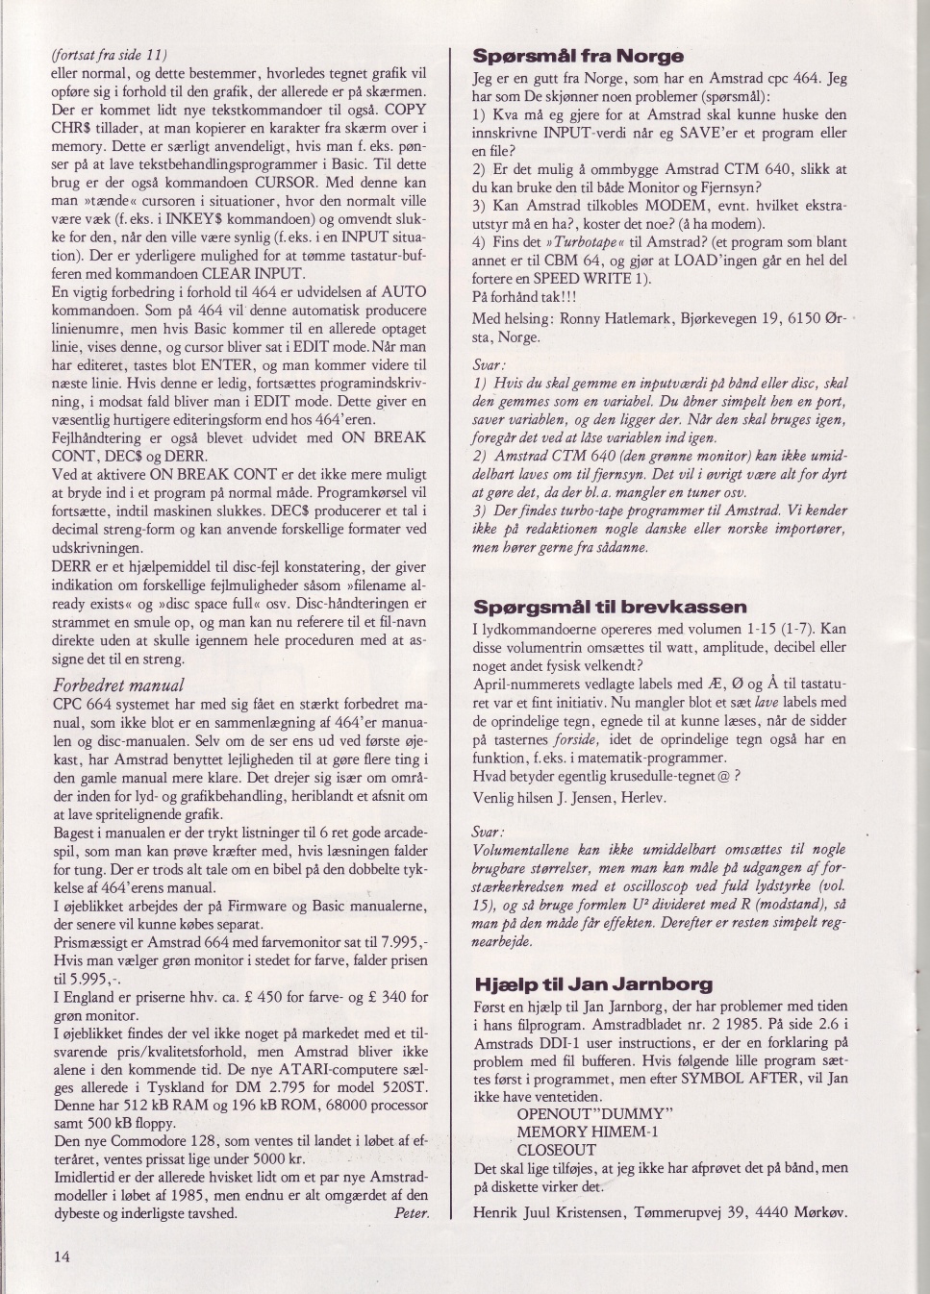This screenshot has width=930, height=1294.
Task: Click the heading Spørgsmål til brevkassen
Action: (610, 608)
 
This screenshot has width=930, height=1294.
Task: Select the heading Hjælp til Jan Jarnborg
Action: (593, 984)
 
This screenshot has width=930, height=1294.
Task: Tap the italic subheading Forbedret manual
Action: (118, 685)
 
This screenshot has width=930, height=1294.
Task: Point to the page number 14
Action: (62, 1257)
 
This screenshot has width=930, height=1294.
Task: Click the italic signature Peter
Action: (412, 1213)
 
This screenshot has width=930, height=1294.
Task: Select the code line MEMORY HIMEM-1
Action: (587, 1132)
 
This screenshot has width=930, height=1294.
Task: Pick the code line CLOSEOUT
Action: (557, 1150)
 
